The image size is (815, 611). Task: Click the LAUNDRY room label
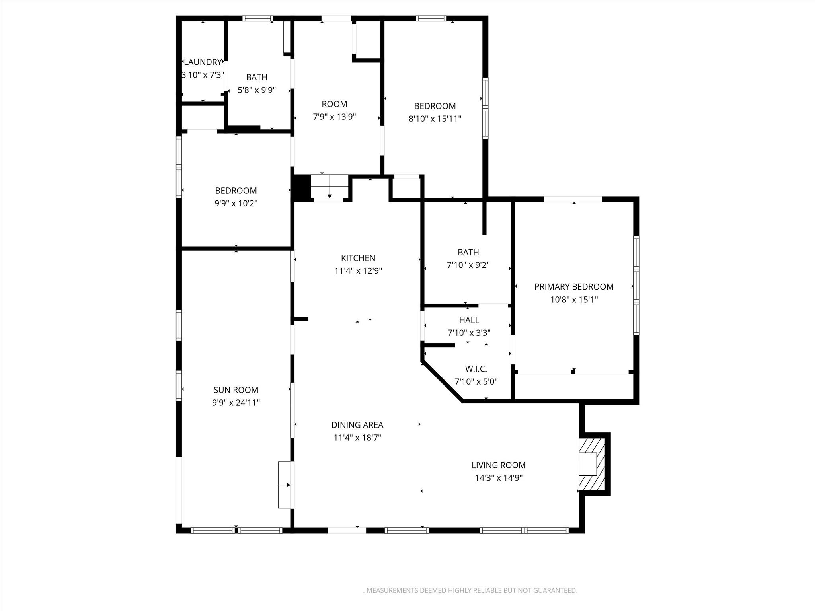click(203, 62)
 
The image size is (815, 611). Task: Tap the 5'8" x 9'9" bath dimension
click(257, 90)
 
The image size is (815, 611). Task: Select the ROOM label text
click(334, 104)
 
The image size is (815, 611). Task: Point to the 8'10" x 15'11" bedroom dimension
click(435, 119)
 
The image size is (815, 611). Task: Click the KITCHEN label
click(358, 258)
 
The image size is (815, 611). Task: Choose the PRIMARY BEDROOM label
click(573, 287)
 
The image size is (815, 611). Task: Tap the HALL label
click(469, 320)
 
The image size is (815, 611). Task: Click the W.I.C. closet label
click(476, 369)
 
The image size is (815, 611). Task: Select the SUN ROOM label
click(236, 390)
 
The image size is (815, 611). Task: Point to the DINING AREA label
click(357, 425)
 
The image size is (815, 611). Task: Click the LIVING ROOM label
click(498, 465)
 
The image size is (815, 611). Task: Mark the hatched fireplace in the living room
click(592, 464)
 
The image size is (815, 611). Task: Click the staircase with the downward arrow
click(329, 187)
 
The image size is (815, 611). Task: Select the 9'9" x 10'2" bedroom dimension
click(236, 203)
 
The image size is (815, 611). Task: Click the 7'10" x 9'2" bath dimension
click(468, 265)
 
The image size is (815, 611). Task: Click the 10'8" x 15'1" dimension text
click(573, 300)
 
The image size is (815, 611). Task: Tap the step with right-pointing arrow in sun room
click(285, 485)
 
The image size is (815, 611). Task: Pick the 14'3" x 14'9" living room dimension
click(498, 478)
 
